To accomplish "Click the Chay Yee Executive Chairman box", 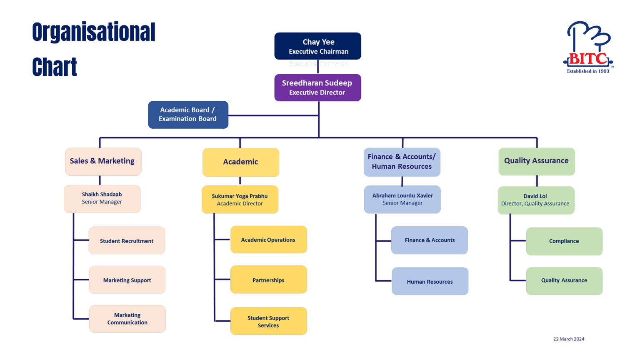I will point(317,46).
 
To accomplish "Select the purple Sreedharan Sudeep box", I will point(317,87).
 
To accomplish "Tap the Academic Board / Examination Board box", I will point(188,115).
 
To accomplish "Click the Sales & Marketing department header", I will point(103,161).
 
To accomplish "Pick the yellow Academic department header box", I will point(240,162).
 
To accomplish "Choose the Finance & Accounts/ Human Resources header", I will point(402,162).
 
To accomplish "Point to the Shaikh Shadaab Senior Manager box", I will point(102,199).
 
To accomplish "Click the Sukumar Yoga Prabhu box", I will point(240,200).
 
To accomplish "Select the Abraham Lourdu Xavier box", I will point(402,200).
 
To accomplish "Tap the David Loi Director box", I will point(536,200).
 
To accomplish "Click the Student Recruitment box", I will point(127,240).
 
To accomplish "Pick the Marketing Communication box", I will point(127,319).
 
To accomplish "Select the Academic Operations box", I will point(268,240).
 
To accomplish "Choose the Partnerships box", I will point(268,280).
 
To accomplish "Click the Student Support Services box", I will point(268,321).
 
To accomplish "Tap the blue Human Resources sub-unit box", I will point(430,281).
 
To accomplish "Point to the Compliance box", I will point(564,241).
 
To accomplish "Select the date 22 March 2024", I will point(568,339).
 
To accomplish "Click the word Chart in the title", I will point(55,67).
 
